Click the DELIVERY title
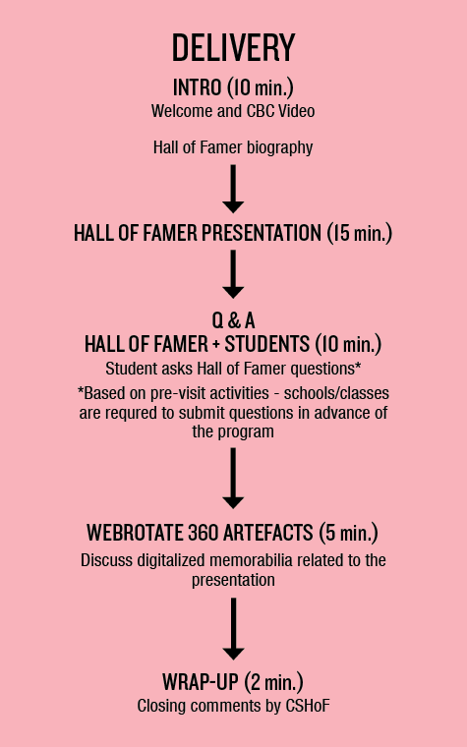tap(234, 47)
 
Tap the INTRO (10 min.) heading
tap(233, 87)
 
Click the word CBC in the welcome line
tap(261, 111)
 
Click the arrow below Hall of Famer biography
tap(233, 189)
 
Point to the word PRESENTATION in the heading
tap(262, 233)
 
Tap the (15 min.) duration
tap(360, 233)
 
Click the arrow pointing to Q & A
tap(233, 274)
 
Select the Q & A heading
tap(234, 320)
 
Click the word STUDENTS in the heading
tap(267, 344)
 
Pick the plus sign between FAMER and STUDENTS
tap(216, 345)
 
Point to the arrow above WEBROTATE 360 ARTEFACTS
tap(233, 479)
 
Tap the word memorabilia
tap(251, 560)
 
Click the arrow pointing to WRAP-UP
tap(233, 629)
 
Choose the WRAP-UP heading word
tap(200, 682)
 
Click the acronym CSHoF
tap(308, 706)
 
